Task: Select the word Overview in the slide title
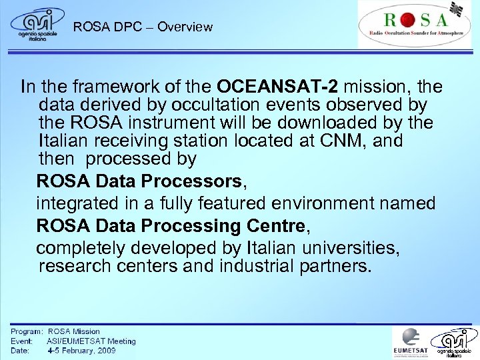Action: (185, 27)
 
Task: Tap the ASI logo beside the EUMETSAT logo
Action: (455, 342)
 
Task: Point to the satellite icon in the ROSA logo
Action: (457, 9)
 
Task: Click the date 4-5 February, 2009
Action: (81, 350)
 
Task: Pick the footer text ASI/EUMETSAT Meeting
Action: (91, 341)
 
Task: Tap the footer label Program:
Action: (27, 331)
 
